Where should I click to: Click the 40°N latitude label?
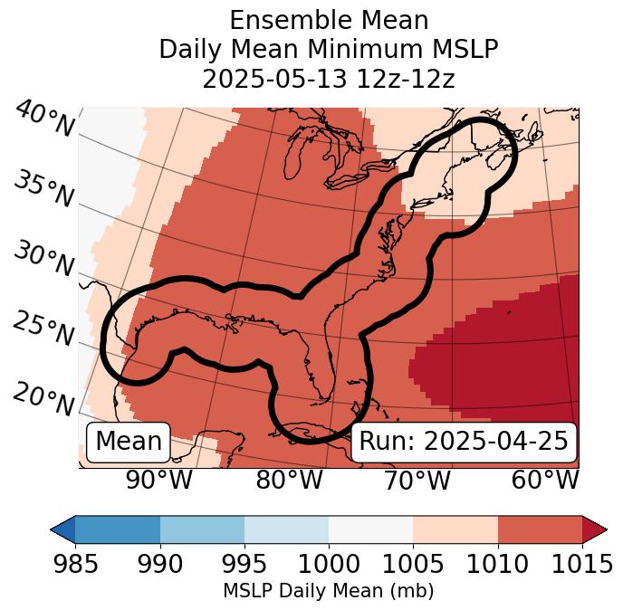coord(43,119)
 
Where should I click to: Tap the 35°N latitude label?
coord(43,189)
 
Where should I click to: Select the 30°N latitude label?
coord(43,260)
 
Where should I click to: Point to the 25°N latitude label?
coord(43,329)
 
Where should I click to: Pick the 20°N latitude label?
coord(43,399)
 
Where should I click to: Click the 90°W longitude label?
coord(159,481)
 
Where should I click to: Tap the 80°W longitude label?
coord(289,481)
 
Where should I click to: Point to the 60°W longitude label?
coord(545,481)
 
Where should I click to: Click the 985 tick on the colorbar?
coord(75,565)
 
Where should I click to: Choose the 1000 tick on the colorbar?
coord(329,565)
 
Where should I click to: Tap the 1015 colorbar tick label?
coord(581,565)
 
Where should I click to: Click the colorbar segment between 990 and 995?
coord(202,529)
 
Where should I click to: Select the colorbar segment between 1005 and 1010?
coord(455,529)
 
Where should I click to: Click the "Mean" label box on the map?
coord(129,442)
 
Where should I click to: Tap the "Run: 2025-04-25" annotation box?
coord(464,442)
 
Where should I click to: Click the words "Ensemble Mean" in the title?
coord(329,20)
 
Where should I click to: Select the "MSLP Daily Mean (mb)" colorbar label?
coord(329,591)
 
